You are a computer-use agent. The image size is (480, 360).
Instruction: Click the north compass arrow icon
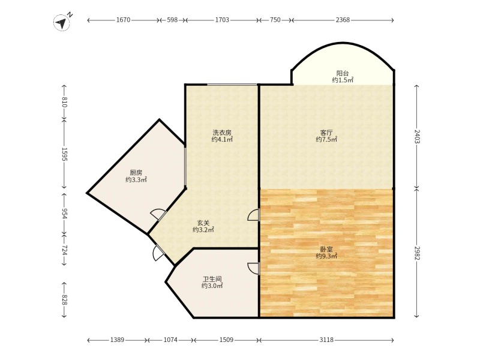pyautogui.click(x=62, y=22)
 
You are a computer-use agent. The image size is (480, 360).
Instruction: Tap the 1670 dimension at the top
pyautogui.click(x=124, y=20)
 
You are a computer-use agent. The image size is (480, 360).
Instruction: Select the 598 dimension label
pyautogui.click(x=172, y=20)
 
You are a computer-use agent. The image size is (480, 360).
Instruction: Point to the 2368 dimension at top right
pyautogui.click(x=343, y=20)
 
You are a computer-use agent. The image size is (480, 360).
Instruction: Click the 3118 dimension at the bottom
pyautogui.click(x=326, y=340)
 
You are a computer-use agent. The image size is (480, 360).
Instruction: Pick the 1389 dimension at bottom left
pyautogui.click(x=117, y=340)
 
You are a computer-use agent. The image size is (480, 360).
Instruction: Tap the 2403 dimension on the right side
pyautogui.click(x=417, y=137)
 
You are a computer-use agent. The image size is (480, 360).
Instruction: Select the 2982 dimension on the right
pyautogui.click(x=417, y=253)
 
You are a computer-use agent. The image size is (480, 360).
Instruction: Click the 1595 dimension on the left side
pyautogui.click(x=64, y=154)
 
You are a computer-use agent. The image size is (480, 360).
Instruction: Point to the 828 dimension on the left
pyautogui.click(x=64, y=299)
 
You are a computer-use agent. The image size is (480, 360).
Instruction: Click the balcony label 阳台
pyautogui.click(x=343, y=73)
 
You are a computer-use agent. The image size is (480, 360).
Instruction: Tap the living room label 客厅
pyautogui.click(x=326, y=133)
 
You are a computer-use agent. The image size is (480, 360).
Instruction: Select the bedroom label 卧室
pyautogui.click(x=326, y=250)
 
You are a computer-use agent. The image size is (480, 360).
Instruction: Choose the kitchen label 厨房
pyautogui.click(x=136, y=173)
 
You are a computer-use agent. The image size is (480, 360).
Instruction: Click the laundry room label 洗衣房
pyautogui.click(x=222, y=133)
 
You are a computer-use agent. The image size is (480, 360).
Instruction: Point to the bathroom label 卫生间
pyautogui.click(x=212, y=279)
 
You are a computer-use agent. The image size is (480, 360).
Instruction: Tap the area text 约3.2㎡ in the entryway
pyautogui.click(x=203, y=230)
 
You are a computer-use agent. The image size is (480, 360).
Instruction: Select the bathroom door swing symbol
pyautogui.click(x=254, y=268)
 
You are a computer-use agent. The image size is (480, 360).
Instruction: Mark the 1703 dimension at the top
pyautogui.click(x=222, y=20)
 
